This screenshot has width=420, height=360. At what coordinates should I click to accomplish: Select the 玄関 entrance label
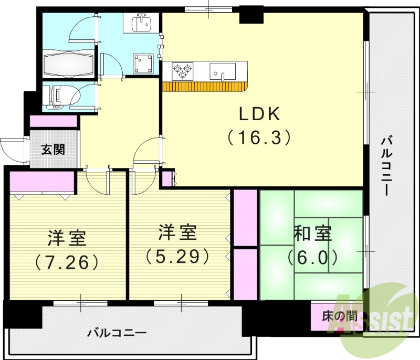point(54,150)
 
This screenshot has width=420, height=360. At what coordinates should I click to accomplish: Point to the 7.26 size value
point(66,261)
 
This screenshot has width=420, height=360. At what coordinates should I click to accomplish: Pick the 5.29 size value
point(178,256)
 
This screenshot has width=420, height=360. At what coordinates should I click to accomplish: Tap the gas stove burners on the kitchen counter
point(182,70)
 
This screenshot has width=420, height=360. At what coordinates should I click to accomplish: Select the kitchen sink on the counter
point(223,71)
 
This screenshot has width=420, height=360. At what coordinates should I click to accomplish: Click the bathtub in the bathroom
point(69,65)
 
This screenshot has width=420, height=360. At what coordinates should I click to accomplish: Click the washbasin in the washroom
point(142,23)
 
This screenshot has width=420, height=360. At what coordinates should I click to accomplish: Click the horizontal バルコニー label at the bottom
point(117,332)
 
